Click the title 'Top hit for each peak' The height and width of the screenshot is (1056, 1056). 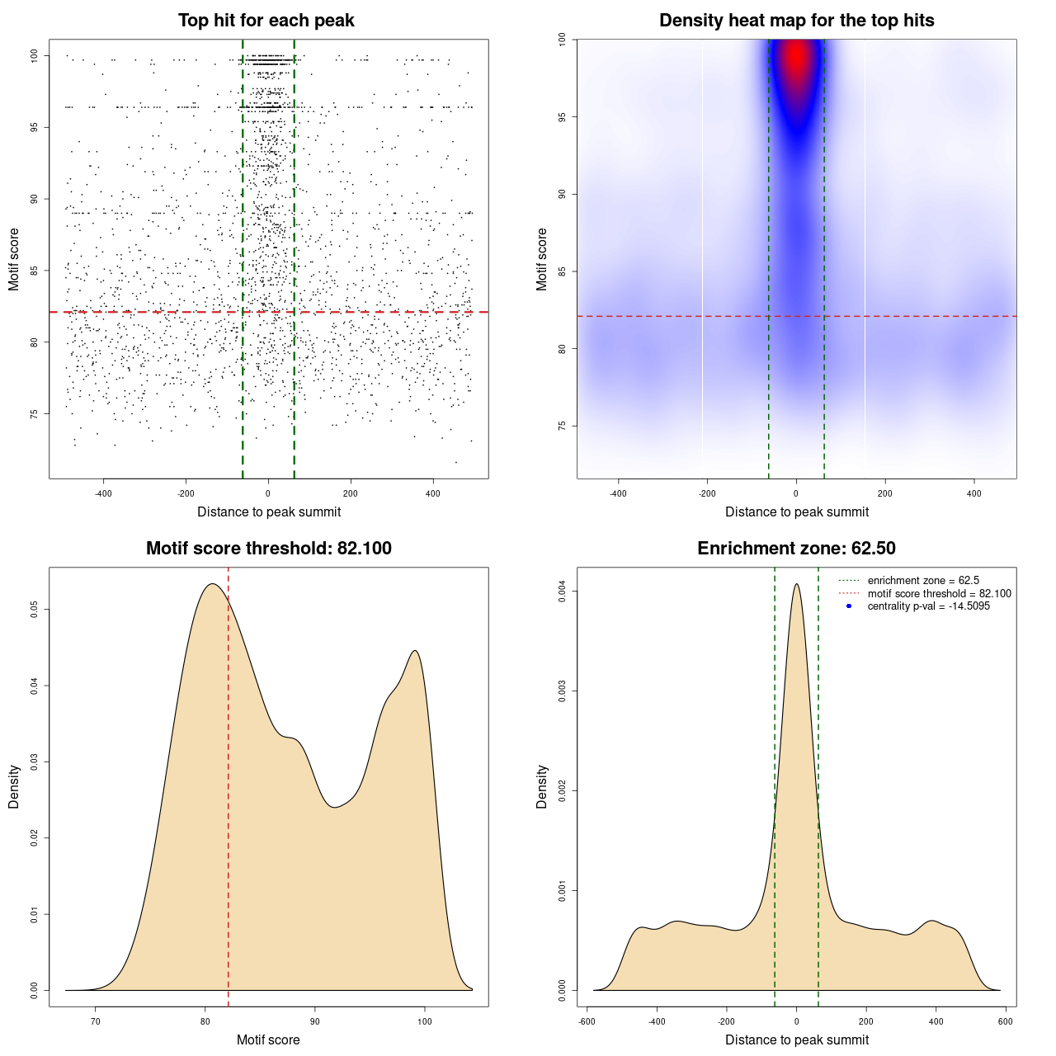[266, 21]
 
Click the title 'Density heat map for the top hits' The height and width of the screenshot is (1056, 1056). [796, 21]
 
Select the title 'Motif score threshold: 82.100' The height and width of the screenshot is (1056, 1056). [268, 549]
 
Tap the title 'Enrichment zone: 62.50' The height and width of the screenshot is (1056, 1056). [796, 549]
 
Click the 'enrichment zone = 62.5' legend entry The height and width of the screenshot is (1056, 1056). [923, 581]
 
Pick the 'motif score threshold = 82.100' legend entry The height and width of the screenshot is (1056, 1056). [939, 594]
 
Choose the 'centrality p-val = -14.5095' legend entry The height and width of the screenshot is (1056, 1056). [928, 606]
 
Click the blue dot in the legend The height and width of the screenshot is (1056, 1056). [849, 606]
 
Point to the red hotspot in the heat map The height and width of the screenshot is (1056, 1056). [796, 58]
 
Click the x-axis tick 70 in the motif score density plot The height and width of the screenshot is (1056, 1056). [96, 1021]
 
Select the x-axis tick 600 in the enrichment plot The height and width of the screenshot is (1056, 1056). [1005, 1021]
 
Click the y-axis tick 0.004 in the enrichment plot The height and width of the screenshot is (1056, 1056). [562, 592]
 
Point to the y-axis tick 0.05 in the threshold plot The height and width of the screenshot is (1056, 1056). [34, 609]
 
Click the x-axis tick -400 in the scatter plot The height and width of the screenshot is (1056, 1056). [103, 493]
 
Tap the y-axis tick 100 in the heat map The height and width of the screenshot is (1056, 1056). [562, 40]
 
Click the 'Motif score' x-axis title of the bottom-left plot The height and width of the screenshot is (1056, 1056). [268, 1039]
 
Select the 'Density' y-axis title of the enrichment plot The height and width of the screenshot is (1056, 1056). [542, 786]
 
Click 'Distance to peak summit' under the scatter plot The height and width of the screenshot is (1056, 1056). [269, 511]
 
